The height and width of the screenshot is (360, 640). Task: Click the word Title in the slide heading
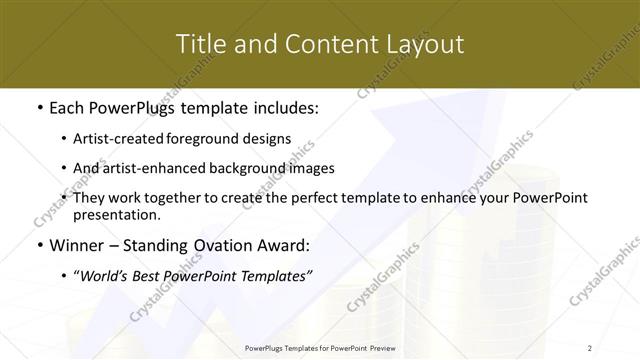pos(199,44)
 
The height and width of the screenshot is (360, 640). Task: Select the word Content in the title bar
pos(323,44)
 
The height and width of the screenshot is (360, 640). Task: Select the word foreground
pos(214,140)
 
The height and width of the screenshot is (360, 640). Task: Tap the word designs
pos(269,140)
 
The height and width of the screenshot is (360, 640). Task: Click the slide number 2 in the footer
pos(590,348)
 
